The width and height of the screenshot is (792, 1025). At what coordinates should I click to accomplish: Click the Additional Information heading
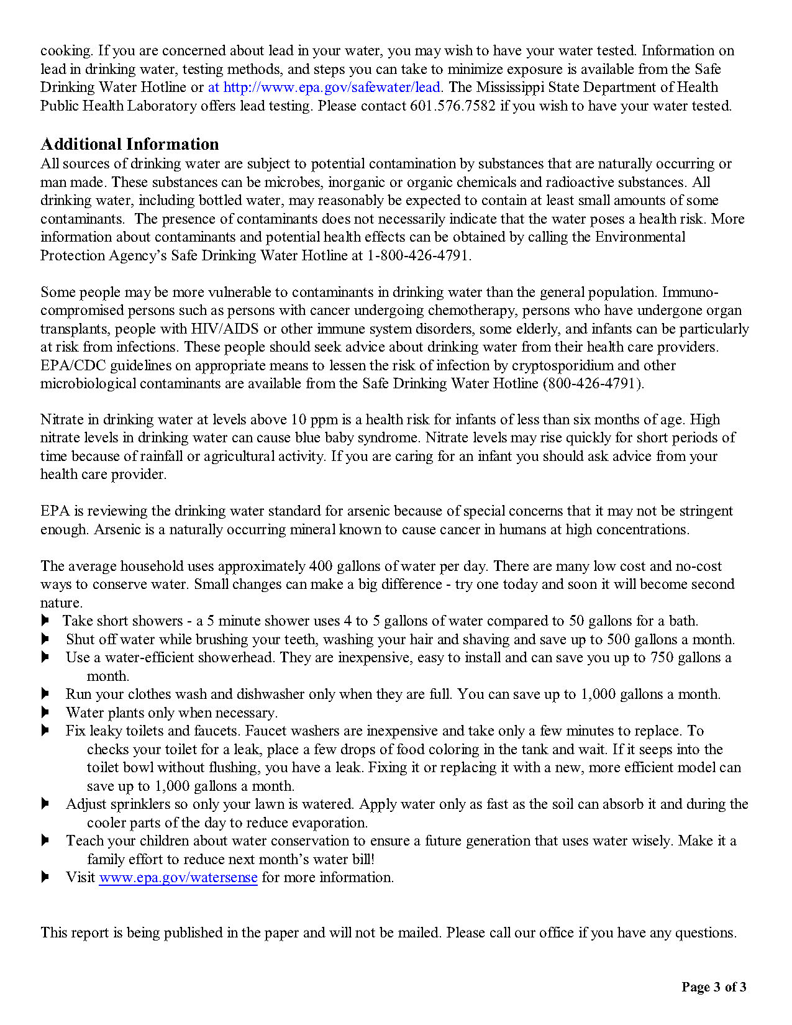click(129, 144)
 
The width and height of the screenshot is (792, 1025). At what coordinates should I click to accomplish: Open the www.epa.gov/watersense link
click(178, 877)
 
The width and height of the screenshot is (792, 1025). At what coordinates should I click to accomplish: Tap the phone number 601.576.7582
click(453, 106)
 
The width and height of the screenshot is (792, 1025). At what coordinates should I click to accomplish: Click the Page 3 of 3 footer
click(714, 987)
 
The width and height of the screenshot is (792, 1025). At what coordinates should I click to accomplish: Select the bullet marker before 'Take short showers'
click(45, 621)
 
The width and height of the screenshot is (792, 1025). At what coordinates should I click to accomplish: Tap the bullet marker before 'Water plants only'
click(45, 712)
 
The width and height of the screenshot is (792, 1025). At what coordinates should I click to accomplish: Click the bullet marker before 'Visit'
click(45, 877)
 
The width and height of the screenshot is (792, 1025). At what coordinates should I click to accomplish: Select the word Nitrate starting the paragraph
click(62, 420)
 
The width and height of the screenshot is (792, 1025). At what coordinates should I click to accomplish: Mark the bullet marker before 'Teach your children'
click(45, 840)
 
